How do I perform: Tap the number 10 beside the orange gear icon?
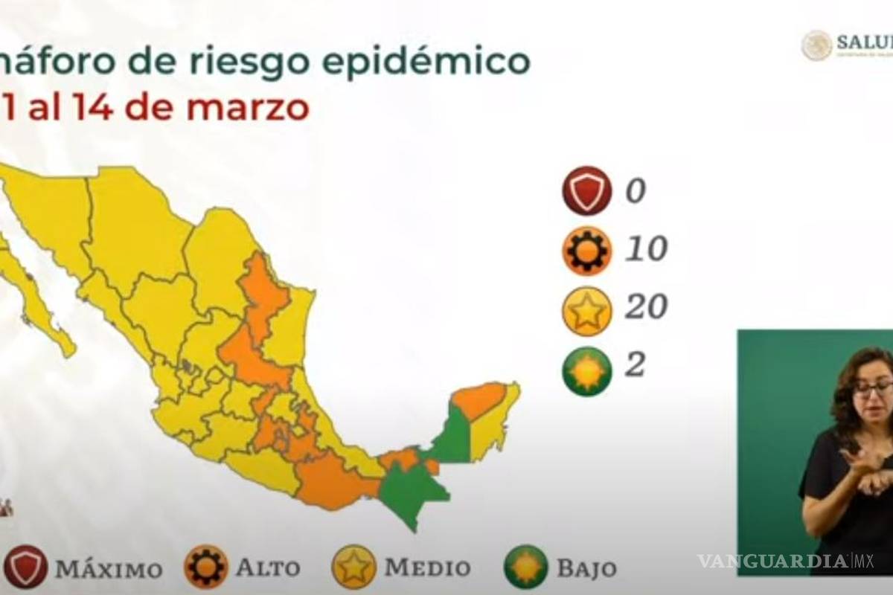click(x=645, y=250)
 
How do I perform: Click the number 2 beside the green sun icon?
click(x=635, y=365)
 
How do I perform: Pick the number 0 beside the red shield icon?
click(x=635, y=191)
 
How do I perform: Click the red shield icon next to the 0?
click(x=587, y=191)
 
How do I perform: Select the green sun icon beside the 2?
click(x=587, y=370)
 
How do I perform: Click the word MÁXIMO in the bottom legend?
click(x=109, y=570)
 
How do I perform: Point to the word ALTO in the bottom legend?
click(x=268, y=568)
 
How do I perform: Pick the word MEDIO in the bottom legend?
click(x=427, y=568)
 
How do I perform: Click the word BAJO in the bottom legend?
click(x=586, y=570)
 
